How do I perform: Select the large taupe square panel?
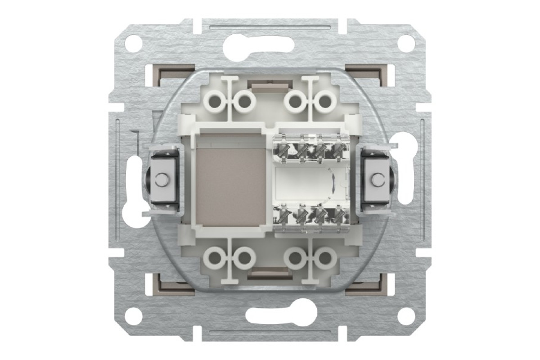pos(229,180)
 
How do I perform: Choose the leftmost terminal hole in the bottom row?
pos(215,258)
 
